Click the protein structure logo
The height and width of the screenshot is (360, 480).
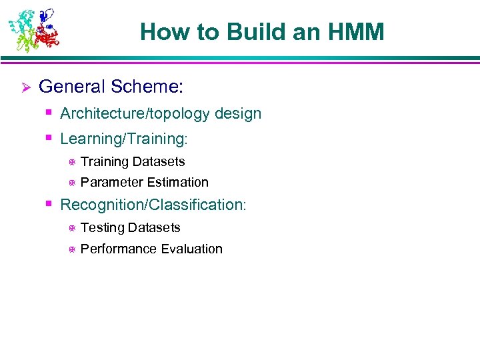pyautogui.click(x=33, y=30)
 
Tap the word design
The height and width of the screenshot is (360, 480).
pyautogui.click(x=238, y=114)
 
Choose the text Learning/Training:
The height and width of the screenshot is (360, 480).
pyautogui.click(x=124, y=139)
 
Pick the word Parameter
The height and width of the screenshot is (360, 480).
pyautogui.click(x=109, y=182)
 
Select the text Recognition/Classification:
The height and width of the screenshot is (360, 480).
pyautogui.click(x=153, y=205)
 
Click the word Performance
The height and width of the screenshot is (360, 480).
pyautogui.click(x=118, y=249)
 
